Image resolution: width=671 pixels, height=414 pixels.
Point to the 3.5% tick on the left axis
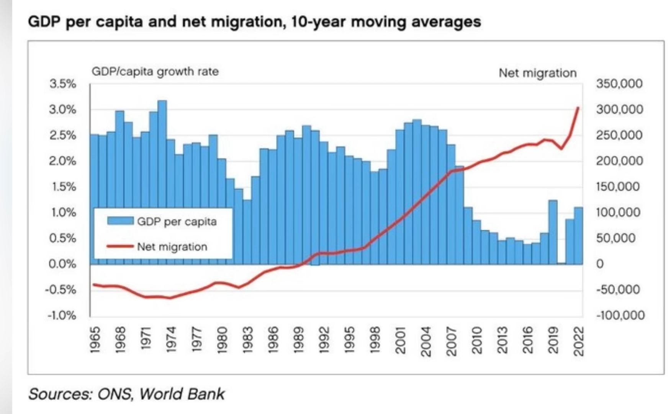point(62,84)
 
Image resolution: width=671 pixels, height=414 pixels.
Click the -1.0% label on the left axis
point(62,315)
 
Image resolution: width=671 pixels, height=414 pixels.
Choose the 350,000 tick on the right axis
point(619,84)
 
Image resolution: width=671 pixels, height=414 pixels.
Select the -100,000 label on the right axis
point(620,315)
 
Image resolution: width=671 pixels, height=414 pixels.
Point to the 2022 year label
point(579,341)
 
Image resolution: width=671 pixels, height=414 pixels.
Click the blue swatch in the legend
point(120,221)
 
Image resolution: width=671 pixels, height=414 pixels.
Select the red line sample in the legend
point(119,246)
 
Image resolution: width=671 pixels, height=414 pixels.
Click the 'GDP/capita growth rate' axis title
point(155,72)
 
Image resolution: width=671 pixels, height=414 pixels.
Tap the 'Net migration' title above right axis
point(537,73)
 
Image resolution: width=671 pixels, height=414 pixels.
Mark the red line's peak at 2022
point(578,108)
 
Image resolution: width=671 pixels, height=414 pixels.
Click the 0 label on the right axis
point(600,264)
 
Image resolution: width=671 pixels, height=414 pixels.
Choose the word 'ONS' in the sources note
point(115,394)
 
